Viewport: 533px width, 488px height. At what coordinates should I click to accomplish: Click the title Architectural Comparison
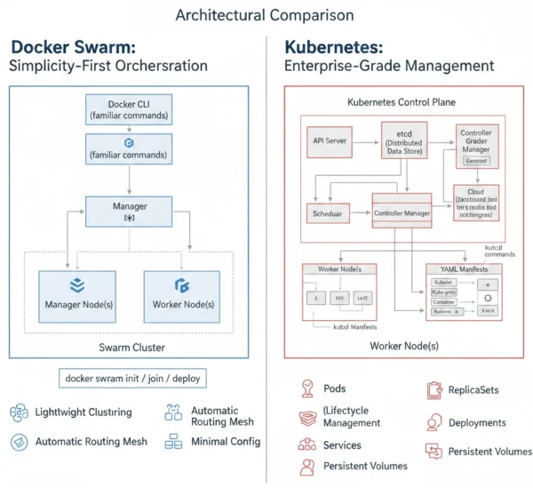click(x=265, y=15)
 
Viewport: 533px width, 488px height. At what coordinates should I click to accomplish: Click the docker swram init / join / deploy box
click(x=132, y=378)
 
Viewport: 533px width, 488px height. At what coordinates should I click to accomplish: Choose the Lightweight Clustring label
click(x=83, y=412)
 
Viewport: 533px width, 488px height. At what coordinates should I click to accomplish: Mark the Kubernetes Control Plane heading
click(x=401, y=102)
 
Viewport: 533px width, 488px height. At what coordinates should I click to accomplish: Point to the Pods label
click(x=335, y=388)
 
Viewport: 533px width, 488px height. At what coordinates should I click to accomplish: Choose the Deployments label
click(x=477, y=422)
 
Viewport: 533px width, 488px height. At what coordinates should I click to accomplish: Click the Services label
click(x=342, y=444)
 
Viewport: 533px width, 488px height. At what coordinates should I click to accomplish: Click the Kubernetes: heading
click(x=333, y=46)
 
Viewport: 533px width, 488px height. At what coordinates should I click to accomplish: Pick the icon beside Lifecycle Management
click(x=306, y=416)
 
